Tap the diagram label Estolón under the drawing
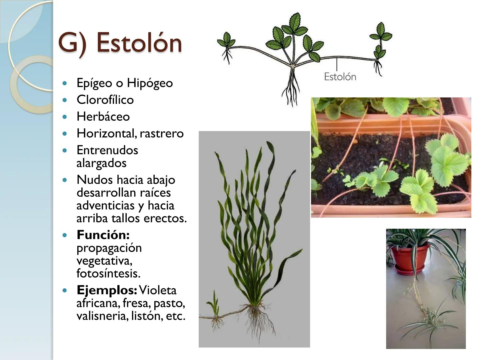tap(340, 77)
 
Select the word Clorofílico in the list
tap(105, 100)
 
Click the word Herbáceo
tap(103, 116)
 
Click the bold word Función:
tap(103, 235)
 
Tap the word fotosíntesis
tap(108, 273)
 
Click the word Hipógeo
tap(150, 83)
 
